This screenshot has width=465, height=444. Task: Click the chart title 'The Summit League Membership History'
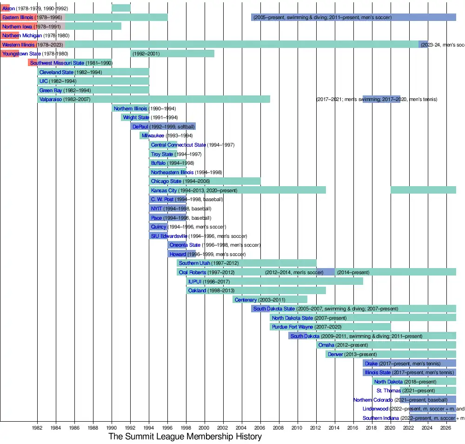(x=185, y=437)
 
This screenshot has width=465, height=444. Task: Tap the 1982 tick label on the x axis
(x=37, y=427)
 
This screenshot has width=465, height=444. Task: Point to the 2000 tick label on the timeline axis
(x=204, y=427)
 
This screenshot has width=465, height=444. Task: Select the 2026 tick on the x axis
(x=445, y=427)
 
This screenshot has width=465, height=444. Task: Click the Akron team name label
(x=8, y=8)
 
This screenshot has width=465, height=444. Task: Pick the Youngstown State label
(x=21, y=54)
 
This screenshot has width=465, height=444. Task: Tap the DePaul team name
(x=140, y=127)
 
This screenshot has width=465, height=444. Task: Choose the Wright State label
(x=136, y=117)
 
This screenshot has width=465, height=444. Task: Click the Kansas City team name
(x=164, y=190)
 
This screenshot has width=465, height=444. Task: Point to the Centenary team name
(x=246, y=300)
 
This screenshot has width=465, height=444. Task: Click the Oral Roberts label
(x=193, y=272)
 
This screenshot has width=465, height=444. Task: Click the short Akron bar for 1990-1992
(x=121, y=8)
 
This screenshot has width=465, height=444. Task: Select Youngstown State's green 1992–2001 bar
(x=172, y=54)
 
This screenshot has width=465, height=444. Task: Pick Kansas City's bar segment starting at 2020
(x=423, y=190)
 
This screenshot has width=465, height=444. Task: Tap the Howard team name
(x=178, y=254)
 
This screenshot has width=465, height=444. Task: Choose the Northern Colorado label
(x=373, y=400)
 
